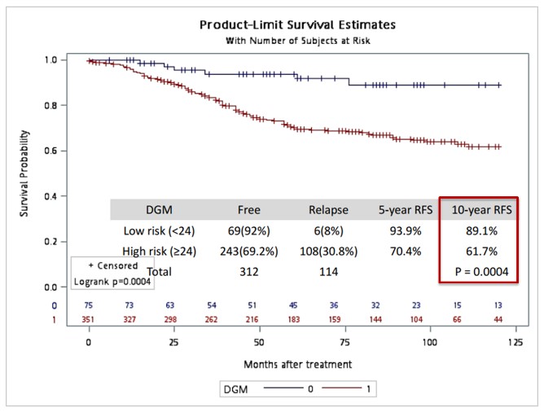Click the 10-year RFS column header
479,209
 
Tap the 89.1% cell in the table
479,230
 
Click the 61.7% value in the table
479,250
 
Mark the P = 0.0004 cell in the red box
479,269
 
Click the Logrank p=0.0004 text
110,280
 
